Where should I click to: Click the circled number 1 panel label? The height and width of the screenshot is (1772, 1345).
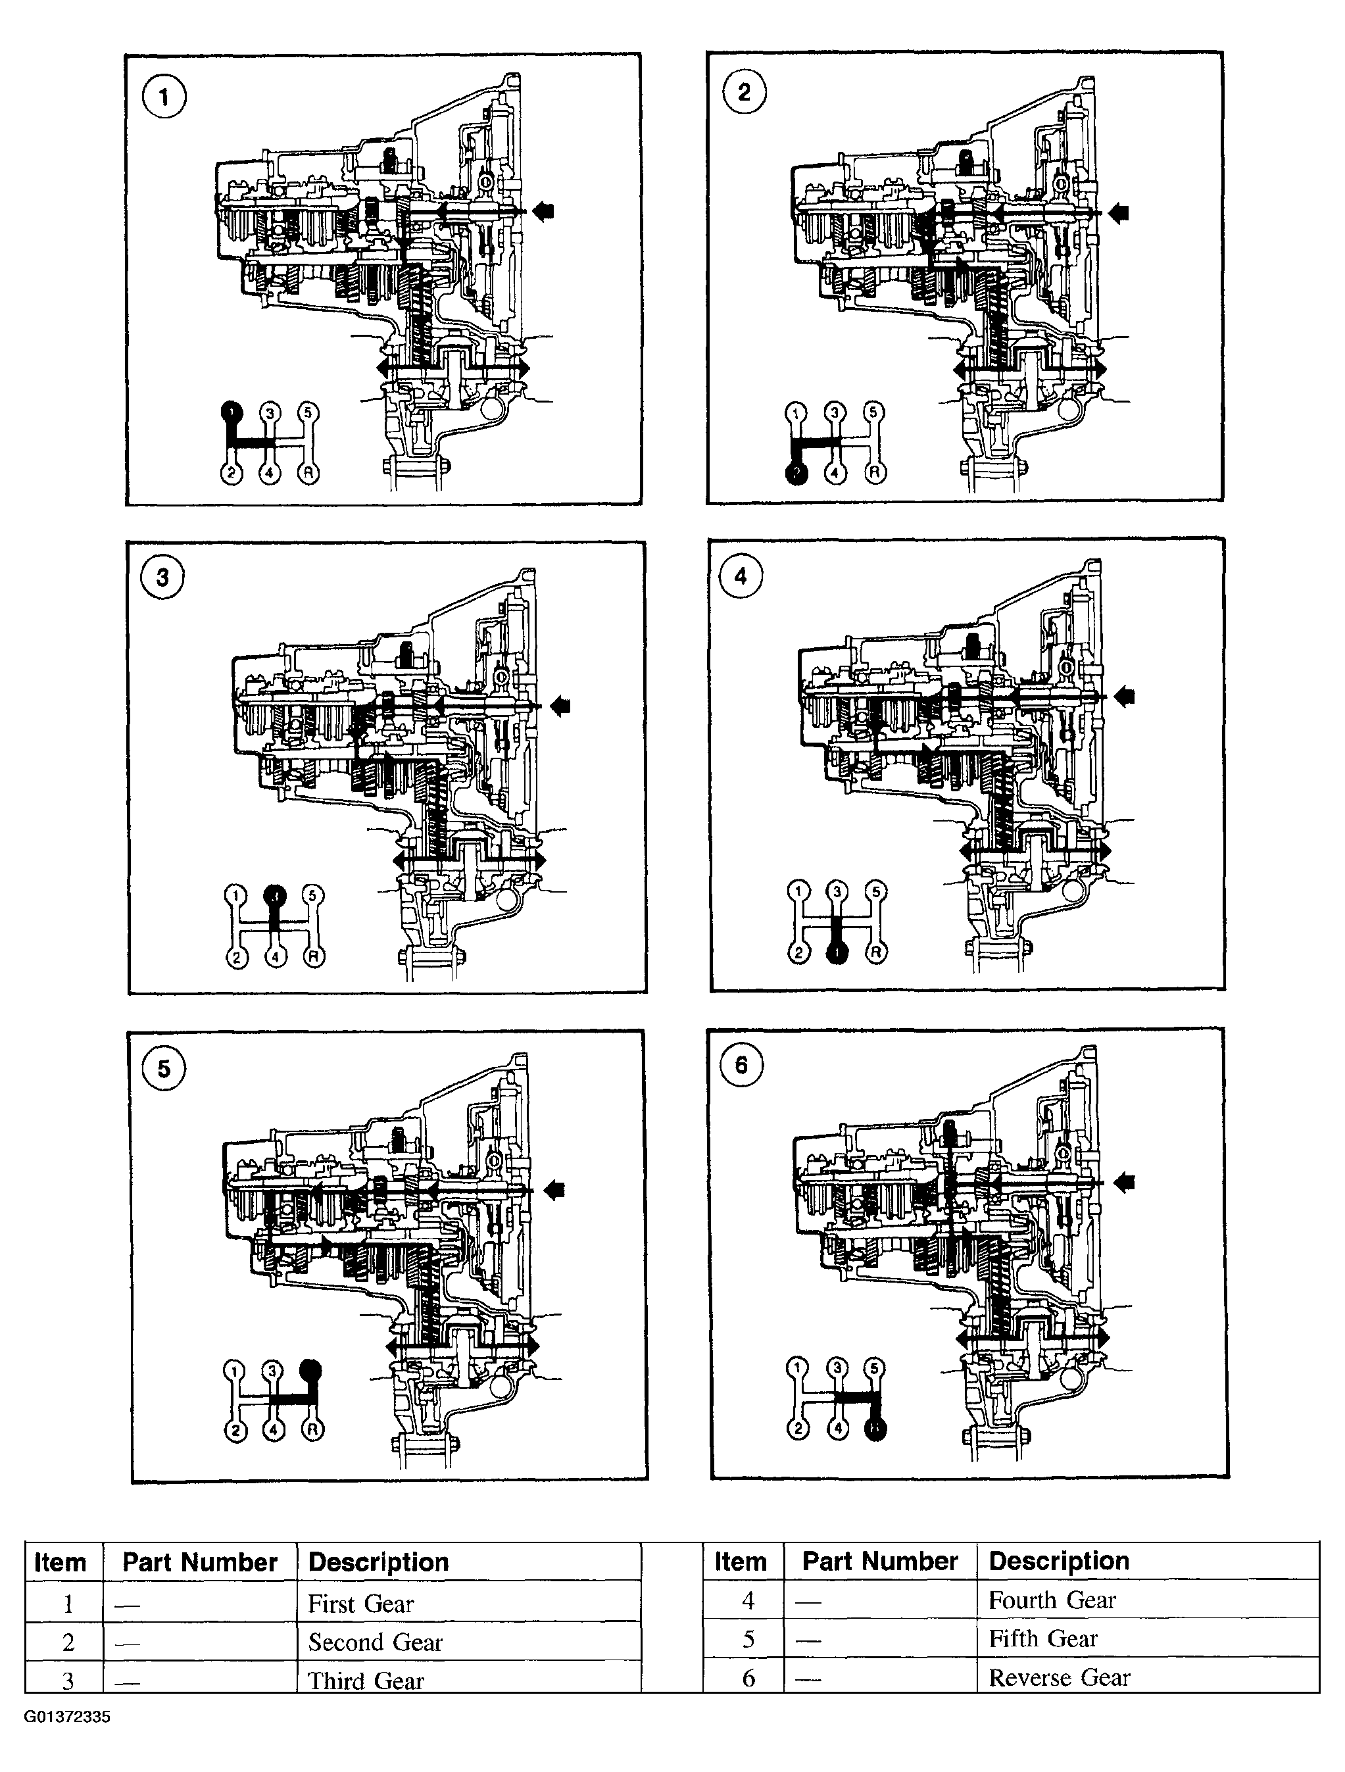click(164, 98)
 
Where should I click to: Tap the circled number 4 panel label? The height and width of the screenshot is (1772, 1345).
click(740, 576)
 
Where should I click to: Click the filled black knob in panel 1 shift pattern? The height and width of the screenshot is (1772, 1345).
click(231, 412)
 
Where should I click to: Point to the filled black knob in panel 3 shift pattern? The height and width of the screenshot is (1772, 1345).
click(275, 894)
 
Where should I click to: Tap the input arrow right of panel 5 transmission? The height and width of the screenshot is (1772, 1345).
click(554, 1190)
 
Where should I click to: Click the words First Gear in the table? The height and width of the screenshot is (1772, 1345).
click(360, 1604)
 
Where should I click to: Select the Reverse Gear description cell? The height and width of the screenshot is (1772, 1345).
click(1059, 1677)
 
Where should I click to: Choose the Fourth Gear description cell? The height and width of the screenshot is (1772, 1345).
click(1052, 1600)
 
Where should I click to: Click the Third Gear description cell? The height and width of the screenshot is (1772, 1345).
click(365, 1680)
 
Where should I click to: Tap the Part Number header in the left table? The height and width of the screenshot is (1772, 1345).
click(199, 1562)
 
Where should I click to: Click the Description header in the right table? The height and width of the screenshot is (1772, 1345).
click(1059, 1560)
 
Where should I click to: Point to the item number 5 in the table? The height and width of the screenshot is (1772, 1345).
click(748, 1639)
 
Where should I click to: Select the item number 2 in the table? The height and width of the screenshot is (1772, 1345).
click(68, 1642)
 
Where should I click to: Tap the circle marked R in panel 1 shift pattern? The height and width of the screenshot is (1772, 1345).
click(308, 474)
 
